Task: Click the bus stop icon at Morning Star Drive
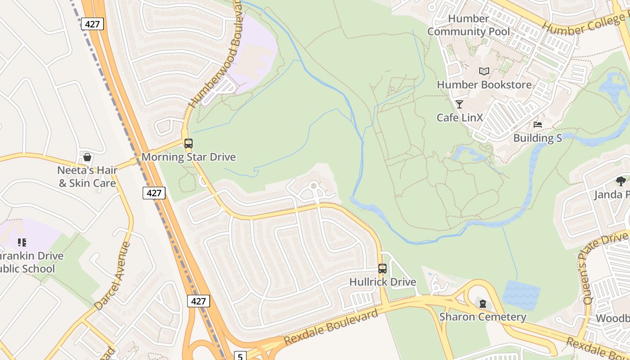(189, 144)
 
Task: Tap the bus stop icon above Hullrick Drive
(382, 269)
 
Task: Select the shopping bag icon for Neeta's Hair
(87, 157)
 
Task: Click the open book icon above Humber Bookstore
(484, 71)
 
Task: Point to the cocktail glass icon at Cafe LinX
(459, 104)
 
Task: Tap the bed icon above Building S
(537, 125)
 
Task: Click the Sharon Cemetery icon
(483, 304)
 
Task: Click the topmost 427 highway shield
(92, 24)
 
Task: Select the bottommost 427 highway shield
(198, 301)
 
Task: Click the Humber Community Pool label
(468, 25)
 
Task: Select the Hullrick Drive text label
(382, 282)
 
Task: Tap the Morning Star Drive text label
(189, 157)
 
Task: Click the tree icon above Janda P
(621, 181)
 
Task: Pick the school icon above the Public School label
(22, 243)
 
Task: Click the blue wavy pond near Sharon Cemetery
(521, 295)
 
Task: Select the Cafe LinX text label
(459, 117)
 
